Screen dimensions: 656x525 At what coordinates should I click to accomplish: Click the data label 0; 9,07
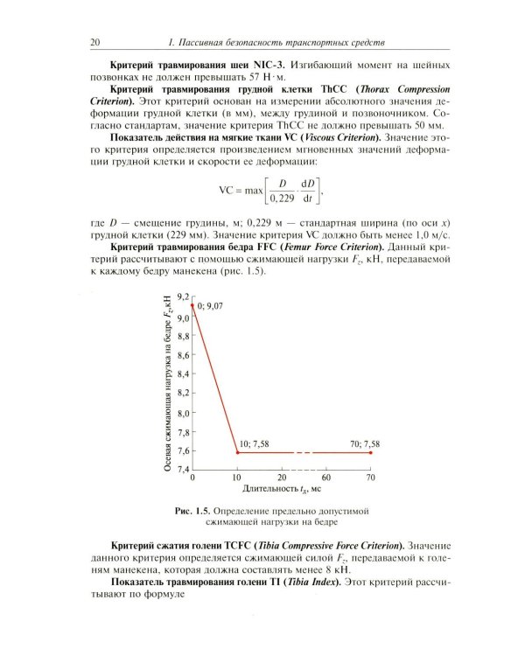pos(213,306)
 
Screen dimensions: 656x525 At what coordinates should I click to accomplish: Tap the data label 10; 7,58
pos(255,444)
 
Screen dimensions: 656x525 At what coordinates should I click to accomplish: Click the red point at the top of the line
pos(192,304)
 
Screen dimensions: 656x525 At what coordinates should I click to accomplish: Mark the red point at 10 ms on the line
pos(237,452)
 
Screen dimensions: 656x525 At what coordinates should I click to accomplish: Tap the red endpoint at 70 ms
pos(370,452)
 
